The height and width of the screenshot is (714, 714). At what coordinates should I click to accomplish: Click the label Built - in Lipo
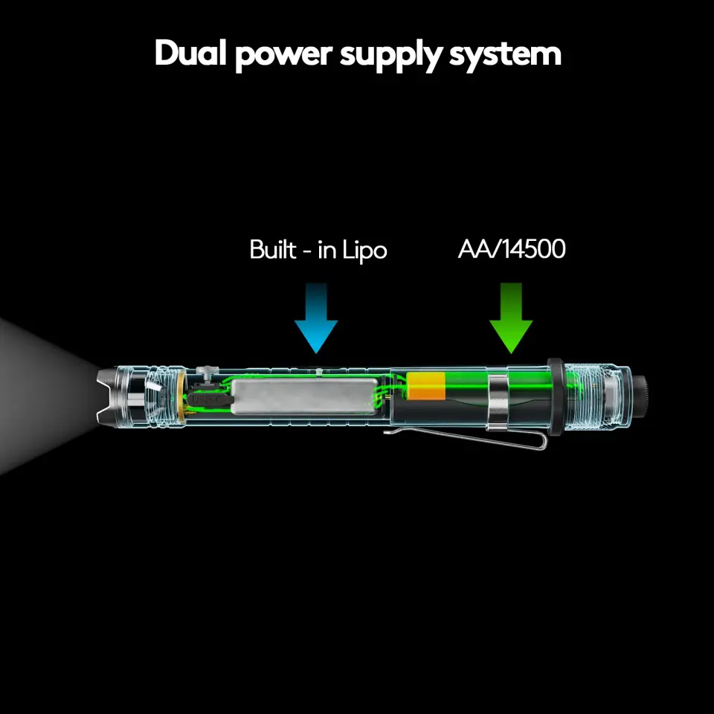pos(318,250)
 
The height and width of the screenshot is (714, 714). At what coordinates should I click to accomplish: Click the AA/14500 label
pos(511,249)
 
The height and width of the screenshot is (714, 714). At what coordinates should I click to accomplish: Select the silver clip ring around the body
pos(498,402)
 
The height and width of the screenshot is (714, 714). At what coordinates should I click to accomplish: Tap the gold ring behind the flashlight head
pos(181,398)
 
